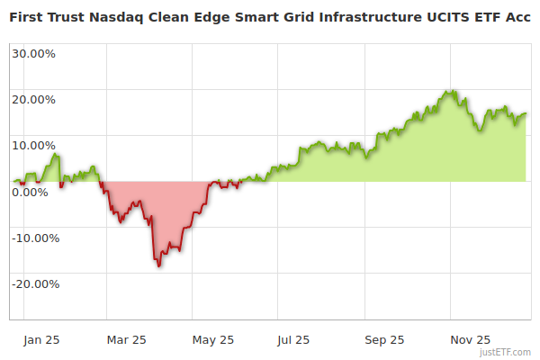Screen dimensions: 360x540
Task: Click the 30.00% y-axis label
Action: point(33,53)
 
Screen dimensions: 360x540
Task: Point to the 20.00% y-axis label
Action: point(33,99)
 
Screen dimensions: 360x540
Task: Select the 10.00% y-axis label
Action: point(33,145)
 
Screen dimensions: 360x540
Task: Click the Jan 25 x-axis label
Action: point(41,339)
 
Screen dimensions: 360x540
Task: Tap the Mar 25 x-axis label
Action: point(126,339)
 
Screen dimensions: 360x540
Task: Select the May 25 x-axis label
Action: point(213,339)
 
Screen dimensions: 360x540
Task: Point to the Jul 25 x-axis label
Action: point(293,339)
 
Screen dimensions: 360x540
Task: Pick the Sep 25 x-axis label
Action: point(383,339)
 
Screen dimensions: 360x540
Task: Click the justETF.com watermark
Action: point(505,352)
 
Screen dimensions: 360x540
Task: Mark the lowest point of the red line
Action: point(159,266)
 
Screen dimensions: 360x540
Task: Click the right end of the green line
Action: point(526,113)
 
